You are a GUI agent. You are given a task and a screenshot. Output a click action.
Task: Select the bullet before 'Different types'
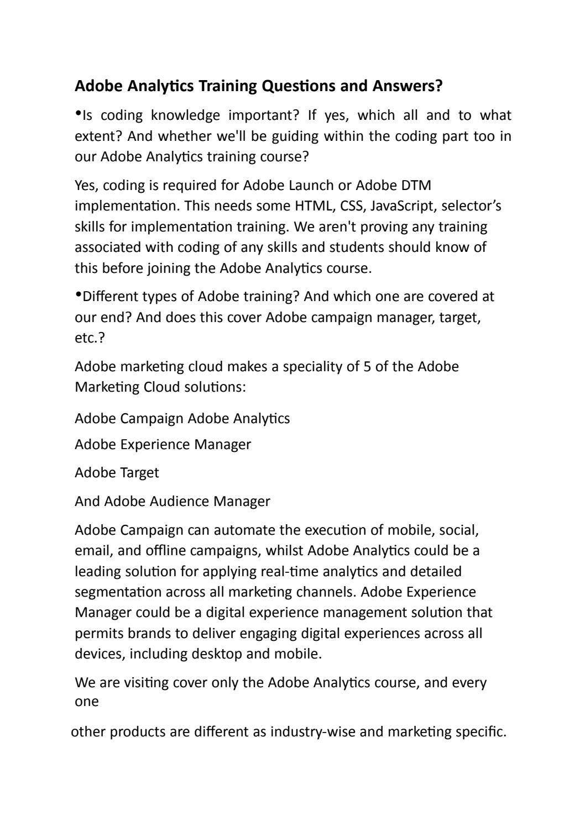point(78,294)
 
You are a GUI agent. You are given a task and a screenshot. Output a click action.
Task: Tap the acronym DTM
point(416,185)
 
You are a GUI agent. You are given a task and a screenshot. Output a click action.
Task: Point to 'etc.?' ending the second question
point(90,338)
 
